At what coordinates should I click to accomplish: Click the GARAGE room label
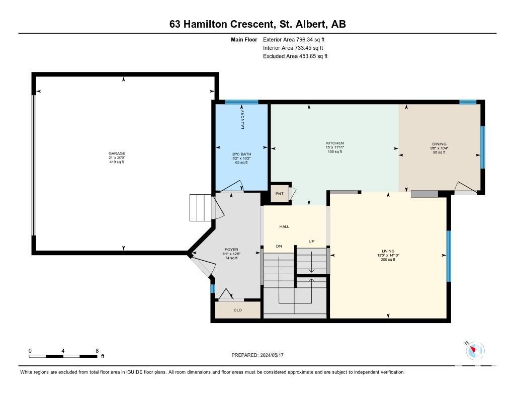click(x=117, y=153)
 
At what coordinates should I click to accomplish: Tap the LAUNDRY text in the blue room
click(x=243, y=119)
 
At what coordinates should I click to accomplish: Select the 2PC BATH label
click(x=242, y=154)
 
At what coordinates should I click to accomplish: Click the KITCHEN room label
click(x=335, y=143)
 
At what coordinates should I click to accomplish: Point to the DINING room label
click(x=439, y=144)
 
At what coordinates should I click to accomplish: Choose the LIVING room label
click(x=388, y=251)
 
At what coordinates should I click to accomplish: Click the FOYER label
click(x=231, y=250)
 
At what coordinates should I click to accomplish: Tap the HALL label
click(x=285, y=226)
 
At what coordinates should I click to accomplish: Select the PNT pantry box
click(x=280, y=194)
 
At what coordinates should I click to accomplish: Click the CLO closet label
click(x=238, y=310)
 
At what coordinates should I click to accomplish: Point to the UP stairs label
click(x=312, y=241)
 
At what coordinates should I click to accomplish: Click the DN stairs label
click(x=279, y=246)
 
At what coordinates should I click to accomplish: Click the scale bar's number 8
click(x=97, y=351)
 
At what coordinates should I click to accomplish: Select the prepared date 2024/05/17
click(x=272, y=355)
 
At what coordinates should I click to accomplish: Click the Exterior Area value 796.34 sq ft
click(x=310, y=39)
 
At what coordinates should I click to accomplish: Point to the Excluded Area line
click(x=295, y=56)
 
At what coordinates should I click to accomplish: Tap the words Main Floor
click(x=244, y=39)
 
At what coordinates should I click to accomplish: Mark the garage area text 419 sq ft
click(x=117, y=162)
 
